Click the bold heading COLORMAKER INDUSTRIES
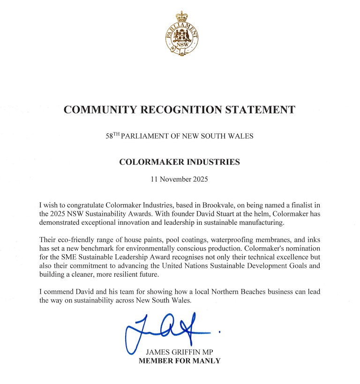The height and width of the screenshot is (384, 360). click(180, 162)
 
